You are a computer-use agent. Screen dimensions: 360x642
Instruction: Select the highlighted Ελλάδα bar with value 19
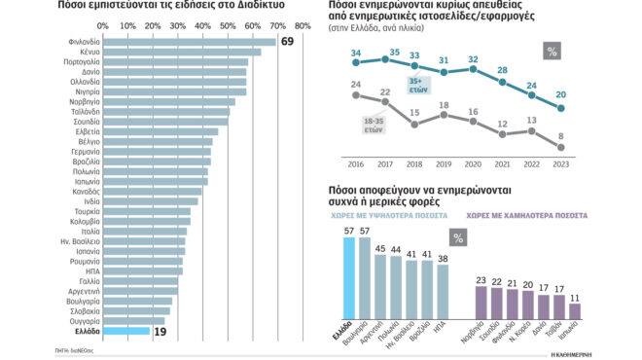[126, 332]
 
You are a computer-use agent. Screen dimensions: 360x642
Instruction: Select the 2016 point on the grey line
[356, 95]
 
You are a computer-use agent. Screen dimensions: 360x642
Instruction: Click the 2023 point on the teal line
[561, 108]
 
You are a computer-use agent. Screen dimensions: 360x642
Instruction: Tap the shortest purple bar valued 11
[575, 311]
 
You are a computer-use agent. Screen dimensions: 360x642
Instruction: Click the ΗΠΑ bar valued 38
[444, 291]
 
